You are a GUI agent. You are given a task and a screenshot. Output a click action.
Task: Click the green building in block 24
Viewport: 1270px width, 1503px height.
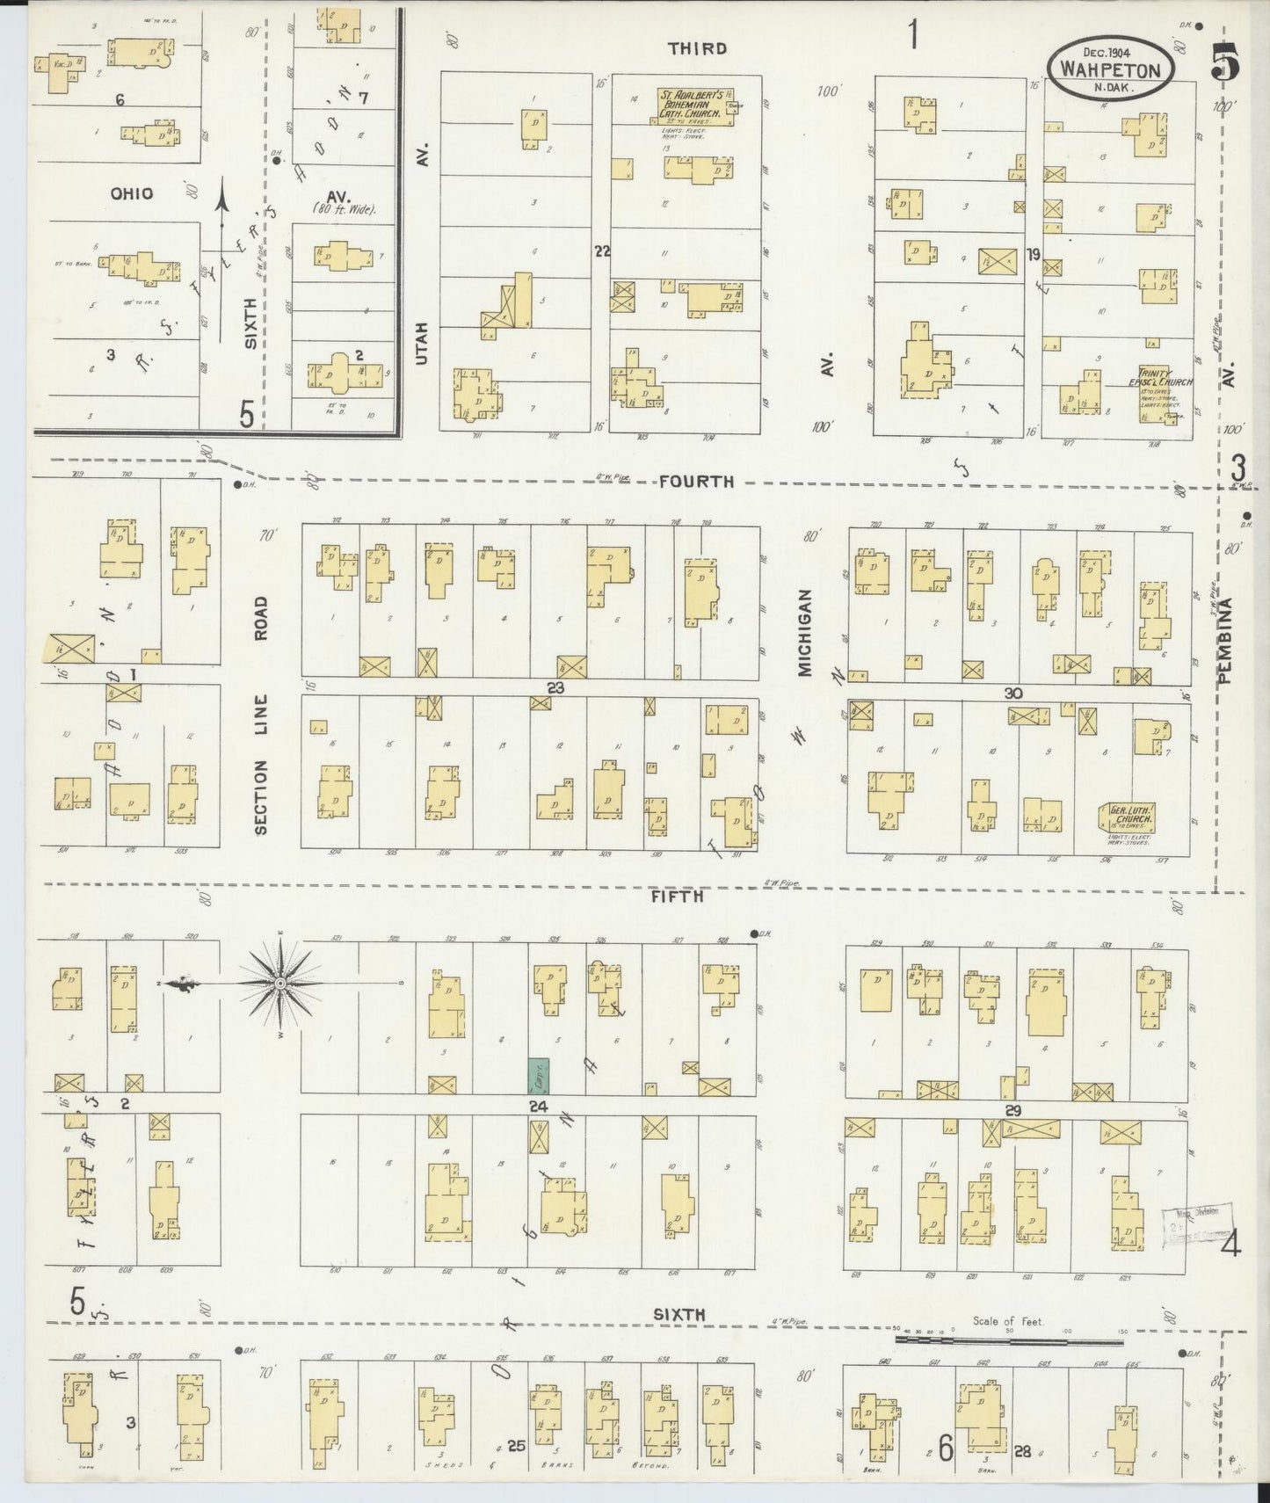click(538, 1076)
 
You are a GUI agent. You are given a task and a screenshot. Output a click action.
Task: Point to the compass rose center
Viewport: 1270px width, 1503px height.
click(279, 982)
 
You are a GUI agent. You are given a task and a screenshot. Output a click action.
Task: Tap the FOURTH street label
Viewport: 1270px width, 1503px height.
click(696, 481)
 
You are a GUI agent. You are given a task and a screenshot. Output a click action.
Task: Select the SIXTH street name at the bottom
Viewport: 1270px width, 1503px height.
click(679, 1314)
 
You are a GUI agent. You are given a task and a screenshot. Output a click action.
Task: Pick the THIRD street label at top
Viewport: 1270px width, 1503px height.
click(697, 48)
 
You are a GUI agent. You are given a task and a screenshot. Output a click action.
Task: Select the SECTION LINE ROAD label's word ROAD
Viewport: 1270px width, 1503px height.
click(261, 619)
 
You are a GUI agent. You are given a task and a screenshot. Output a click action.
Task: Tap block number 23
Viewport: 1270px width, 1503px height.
click(555, 687)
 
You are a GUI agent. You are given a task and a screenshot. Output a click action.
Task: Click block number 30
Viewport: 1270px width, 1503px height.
click(1013, 693)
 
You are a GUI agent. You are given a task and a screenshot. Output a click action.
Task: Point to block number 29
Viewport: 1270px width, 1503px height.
click(1012, 1111)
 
